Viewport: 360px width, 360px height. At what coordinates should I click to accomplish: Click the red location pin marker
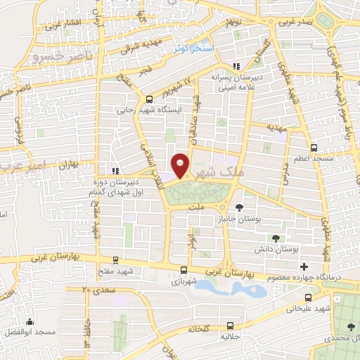tap(181, 165)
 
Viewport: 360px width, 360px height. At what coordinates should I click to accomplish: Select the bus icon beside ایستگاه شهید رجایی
tap(148, 99)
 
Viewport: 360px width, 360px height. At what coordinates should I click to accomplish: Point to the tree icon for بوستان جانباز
tap(240, 207)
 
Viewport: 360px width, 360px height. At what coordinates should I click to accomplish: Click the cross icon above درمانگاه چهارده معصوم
tap(304, 266)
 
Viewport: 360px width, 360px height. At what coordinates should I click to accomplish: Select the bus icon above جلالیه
tap(230, 325)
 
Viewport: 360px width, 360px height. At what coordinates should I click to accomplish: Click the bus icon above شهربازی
tap(184, 270)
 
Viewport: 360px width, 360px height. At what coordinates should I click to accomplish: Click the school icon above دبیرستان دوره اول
tap(115, 170)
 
